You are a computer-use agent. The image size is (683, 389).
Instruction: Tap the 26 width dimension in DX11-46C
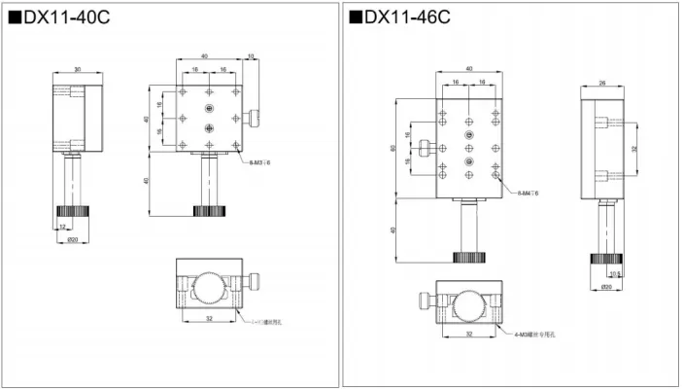[x=601, y=84]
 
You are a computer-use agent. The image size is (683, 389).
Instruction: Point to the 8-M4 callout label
[x=528, y=194]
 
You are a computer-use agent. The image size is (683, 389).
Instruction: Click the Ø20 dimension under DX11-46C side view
[x=605, y=287]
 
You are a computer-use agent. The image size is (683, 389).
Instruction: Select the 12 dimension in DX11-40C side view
[x=65, y=225]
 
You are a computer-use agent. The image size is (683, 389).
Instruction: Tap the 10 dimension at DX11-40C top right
[x=252, y=57]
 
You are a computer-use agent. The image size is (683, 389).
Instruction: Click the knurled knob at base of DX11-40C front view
[x=206, y=210]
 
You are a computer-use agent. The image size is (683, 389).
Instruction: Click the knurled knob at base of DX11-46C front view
[x=468, y=257]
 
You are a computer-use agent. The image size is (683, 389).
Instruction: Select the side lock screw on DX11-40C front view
[x=255, y=121]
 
